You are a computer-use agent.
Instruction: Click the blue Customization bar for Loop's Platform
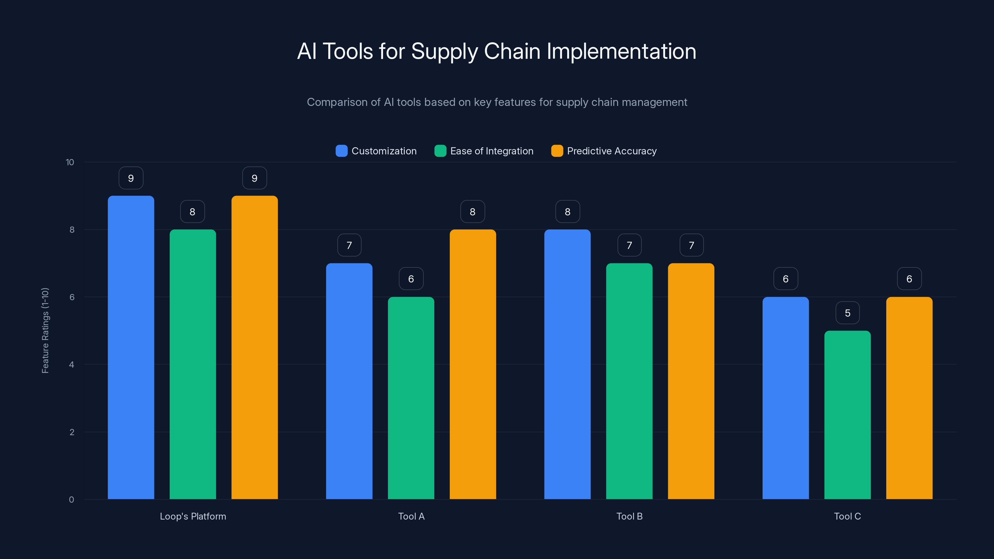pos(131,347)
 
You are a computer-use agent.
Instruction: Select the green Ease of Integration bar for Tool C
pos(847,415)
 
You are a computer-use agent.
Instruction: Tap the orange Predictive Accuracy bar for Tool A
pos(473,364)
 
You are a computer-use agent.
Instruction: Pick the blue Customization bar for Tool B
pos(567,364)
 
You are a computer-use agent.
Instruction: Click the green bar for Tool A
pos(411,398)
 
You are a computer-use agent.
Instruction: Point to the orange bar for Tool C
pos(909,398)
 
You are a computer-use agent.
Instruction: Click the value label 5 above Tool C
pos(847,313)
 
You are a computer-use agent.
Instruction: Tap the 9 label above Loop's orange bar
pos(254,178)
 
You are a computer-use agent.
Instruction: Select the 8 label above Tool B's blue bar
pos(567,212)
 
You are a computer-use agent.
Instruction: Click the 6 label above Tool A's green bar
pos(411,279)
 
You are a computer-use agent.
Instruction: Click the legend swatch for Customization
pos(341,151)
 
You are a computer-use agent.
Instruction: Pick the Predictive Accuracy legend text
pos(612,151)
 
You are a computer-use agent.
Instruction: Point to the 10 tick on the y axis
pos(70,162)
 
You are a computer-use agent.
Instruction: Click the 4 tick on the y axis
pos(71,365)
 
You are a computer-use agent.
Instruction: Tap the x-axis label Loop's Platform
pos(193,516)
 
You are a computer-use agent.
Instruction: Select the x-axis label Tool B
pos(629,516)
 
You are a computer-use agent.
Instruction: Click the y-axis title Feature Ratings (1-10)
pos(45,330)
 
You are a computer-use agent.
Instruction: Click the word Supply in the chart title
pos(444,51)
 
